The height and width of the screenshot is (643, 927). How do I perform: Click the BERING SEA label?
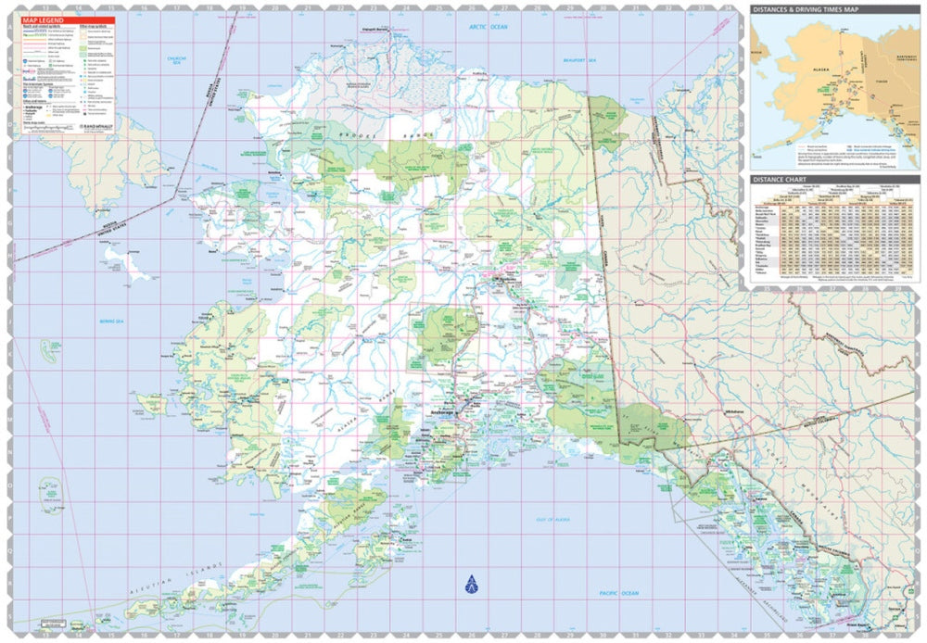pyautogui.click(x=110, y=321)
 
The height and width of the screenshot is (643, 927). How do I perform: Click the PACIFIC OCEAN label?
pyautogui.click(x=618, y=592)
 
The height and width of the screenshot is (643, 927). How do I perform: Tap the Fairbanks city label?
pyautogui.click(x=507, y=282)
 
